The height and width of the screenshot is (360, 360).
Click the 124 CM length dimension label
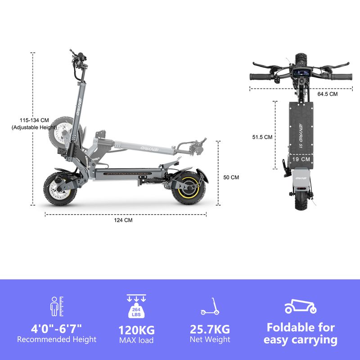[x=123, y=220]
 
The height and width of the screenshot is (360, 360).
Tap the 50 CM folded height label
[x=231, y=177]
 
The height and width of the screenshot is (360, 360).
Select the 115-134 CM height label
[x=34, y=120]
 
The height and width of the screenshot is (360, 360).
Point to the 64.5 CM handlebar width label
[x=327, y=94]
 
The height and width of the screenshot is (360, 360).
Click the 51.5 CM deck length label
[x=262, y=137]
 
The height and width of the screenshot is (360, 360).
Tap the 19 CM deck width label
[x=301, y=159]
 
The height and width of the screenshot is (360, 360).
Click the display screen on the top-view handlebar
[x=301, y=74]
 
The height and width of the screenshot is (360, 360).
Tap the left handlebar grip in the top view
[x=261, y=76]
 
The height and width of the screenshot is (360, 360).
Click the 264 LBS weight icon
[x=136, y=309]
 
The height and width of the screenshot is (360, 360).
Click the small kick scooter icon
[x=209, y=306]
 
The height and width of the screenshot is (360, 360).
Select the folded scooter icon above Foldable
[x=300, y=306]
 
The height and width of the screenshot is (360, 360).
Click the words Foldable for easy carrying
[x=301, y=333]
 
